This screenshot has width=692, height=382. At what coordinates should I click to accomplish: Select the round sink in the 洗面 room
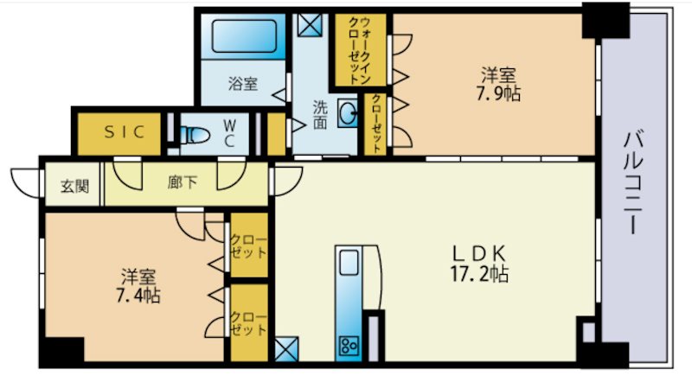pos(347,113)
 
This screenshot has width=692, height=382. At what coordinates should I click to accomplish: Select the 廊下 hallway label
pos(181,183)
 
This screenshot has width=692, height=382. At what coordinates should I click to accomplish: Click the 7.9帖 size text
pos(500,93)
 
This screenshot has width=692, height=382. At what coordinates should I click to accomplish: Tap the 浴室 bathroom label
pos(243,84)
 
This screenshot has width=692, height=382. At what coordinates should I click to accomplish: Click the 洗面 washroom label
pos(319,115)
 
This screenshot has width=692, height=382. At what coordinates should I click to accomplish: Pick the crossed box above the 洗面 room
pos(308,24)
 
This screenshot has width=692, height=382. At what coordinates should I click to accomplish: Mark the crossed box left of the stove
pos(285,349)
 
